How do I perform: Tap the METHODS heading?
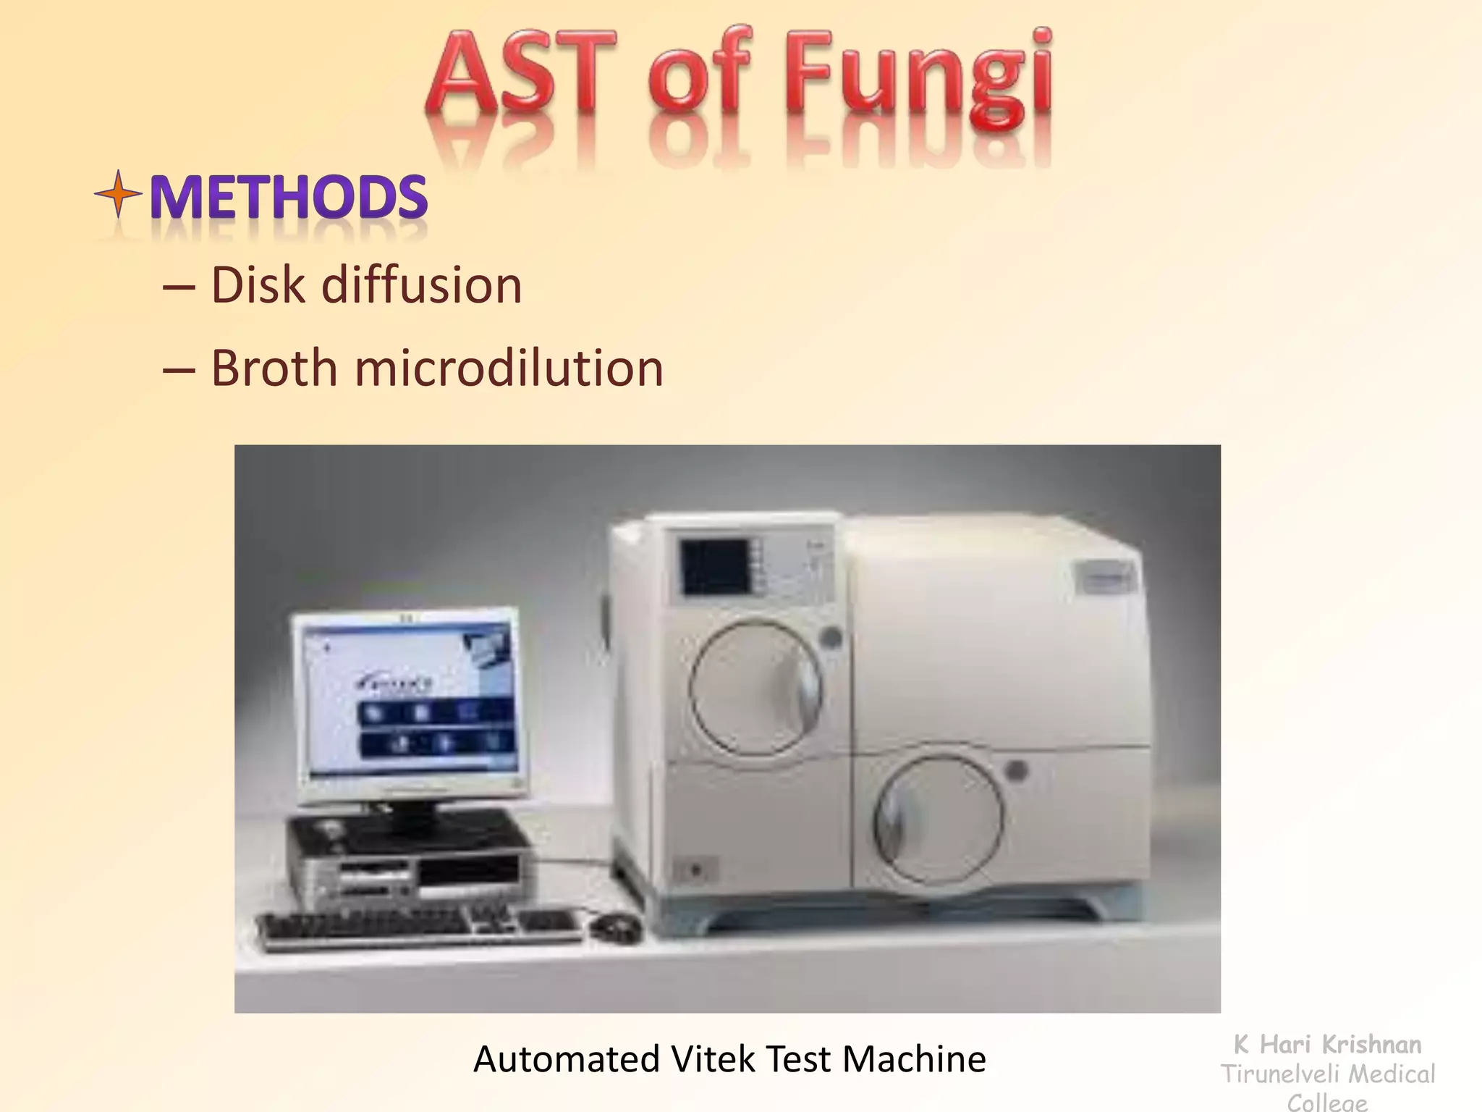click(x=289, y=197)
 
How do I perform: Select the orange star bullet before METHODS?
click(x=118, y=194)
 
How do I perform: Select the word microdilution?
click(x=509, y=368)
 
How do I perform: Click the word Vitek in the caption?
click(x=714, y=1059)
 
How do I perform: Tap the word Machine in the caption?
click(x=913, y=1059)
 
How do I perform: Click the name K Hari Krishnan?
click(x=1327, y=1045)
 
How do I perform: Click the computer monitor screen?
click(x=410, y=701)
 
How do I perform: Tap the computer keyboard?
click(x=420, y=930)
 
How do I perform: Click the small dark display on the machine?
click(x=715, y=568)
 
